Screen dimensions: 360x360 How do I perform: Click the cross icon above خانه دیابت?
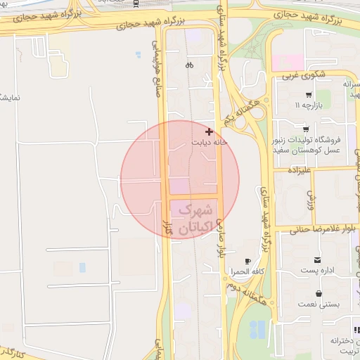pos(209,131)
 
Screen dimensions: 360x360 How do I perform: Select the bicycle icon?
pos(189,65)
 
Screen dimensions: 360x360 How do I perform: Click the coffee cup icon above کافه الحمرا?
pos(247,261)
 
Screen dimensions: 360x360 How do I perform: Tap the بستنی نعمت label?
pos(320,304)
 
